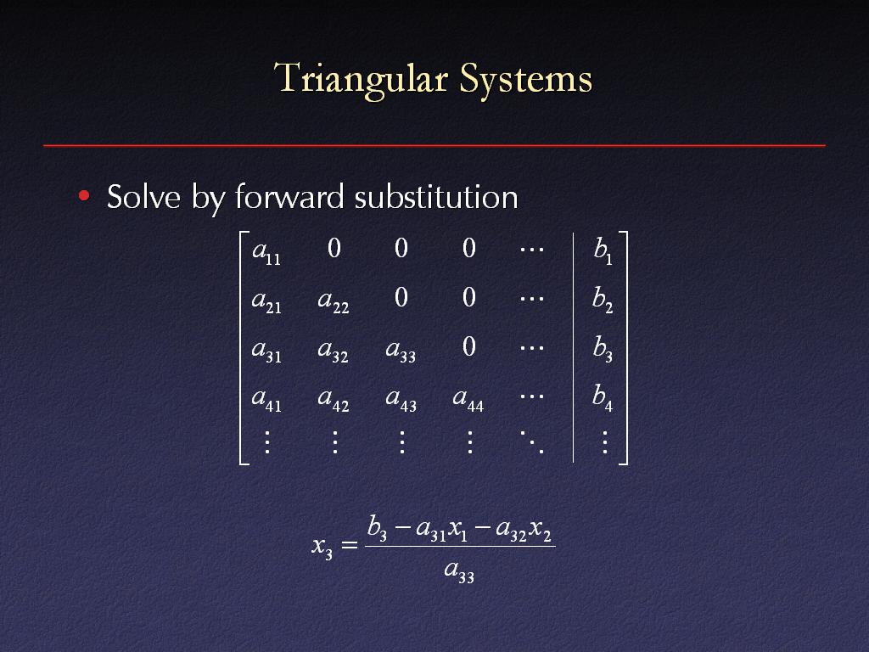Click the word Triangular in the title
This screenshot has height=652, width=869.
click(361, 79)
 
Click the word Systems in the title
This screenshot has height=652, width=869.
click(526, 78)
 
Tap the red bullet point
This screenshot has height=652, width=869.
click(84, 195)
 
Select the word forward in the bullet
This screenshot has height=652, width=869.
click(289, 196)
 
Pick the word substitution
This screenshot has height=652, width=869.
click(436, 196)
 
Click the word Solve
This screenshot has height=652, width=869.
click(143, 196)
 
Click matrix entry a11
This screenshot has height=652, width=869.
click(266, 251)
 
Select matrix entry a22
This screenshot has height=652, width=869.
click(334, 301)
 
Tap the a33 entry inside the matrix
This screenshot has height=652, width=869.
click(401, 351)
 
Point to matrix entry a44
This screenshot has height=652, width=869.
click(468, 399)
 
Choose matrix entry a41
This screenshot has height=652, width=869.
click(266, 399)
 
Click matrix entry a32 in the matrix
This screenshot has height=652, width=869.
click(333, 351)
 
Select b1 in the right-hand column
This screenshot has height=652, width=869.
click(603, 250)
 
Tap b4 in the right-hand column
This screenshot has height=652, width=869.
click(603, 397)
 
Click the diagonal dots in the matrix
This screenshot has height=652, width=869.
click(532, 441)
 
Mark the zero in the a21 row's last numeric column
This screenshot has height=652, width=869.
click(468, 298)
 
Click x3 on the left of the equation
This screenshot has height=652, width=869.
click(322, 548)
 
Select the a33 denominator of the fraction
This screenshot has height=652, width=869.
click(459, 570)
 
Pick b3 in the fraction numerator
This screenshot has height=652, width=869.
click(377, 527)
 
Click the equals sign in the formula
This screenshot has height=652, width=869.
click(349, 545)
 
